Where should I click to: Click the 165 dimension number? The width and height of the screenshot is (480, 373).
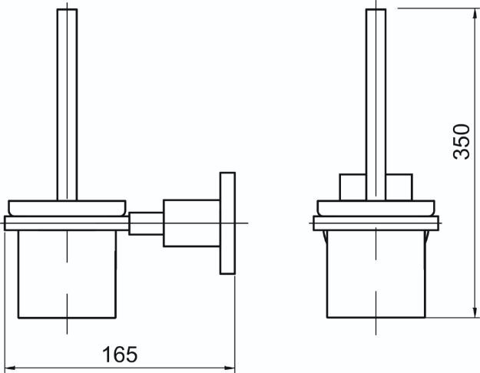(120, 355)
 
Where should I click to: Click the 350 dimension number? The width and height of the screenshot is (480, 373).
(461, 141)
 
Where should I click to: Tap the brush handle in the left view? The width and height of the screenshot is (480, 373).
(67, 104)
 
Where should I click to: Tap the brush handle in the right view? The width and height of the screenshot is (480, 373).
(376, 104)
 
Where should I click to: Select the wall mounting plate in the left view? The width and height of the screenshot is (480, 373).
(227, 223)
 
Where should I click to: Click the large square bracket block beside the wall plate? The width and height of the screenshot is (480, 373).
(192, 223)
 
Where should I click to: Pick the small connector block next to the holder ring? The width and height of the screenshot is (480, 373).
(146, 223)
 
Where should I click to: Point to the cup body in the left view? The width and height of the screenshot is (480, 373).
(67, 274)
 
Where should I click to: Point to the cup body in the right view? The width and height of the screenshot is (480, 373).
(376, 274)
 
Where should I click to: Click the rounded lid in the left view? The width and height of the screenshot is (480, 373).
(67, 208)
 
